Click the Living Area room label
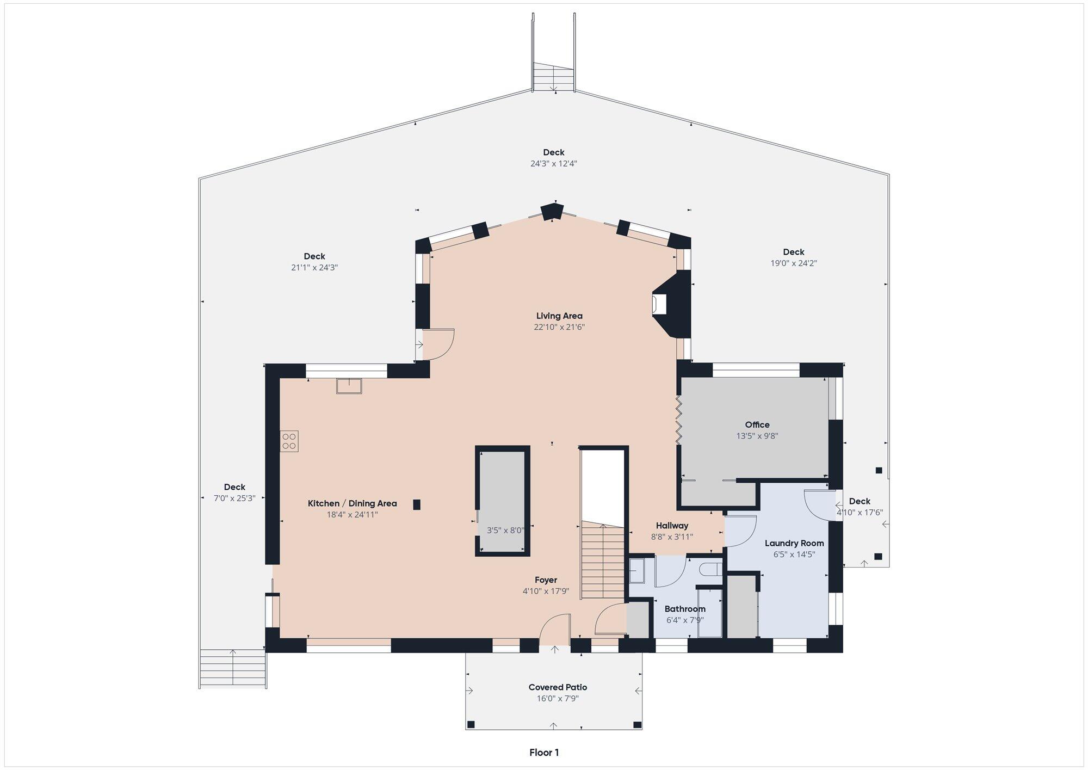click(x=559, y=316)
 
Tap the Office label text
click(x=757, y=424)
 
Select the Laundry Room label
click(x=794, y=543)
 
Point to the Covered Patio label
click(x=558, y=687)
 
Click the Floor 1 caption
click(x=544, y=753)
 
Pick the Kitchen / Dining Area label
click(x=353, y=503)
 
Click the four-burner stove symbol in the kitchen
click(x=289, y=441)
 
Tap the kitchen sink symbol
click(x=349, y=386)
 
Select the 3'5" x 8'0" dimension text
click(x=505, y=531)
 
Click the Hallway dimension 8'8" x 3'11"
click(x=672, y=537)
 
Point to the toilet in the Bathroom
click(x=710, y=570)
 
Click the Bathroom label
click(x=685, y=609)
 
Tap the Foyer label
click(x=546, y=580)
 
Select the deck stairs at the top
click(x=553, y=77)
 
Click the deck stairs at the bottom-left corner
click(x=233, y=668)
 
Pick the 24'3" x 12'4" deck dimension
click(x=554, y=163)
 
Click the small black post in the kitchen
click(x=417, y=504)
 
